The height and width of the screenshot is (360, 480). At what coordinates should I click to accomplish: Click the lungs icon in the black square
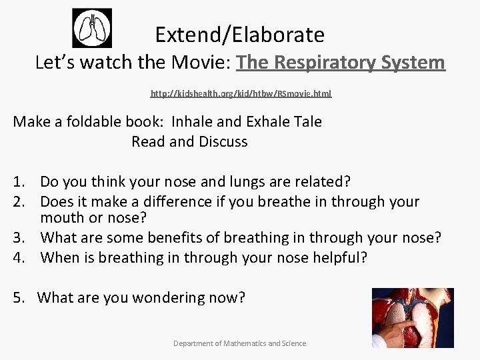(x=92, y=29)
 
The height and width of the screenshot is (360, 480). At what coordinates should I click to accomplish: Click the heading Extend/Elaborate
(x=239, y=34)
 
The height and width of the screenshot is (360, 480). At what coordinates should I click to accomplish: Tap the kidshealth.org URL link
(x=241, y=94)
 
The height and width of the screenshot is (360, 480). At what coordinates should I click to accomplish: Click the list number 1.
(x=19, y=181)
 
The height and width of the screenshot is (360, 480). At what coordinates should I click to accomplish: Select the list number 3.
(x=19, y=238)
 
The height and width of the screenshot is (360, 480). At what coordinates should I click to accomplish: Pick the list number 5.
(x=19, y=298)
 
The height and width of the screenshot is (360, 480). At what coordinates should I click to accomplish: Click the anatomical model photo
(x=412, y=317)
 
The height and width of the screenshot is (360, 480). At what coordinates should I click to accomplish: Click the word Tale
(x=308, y=122)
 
